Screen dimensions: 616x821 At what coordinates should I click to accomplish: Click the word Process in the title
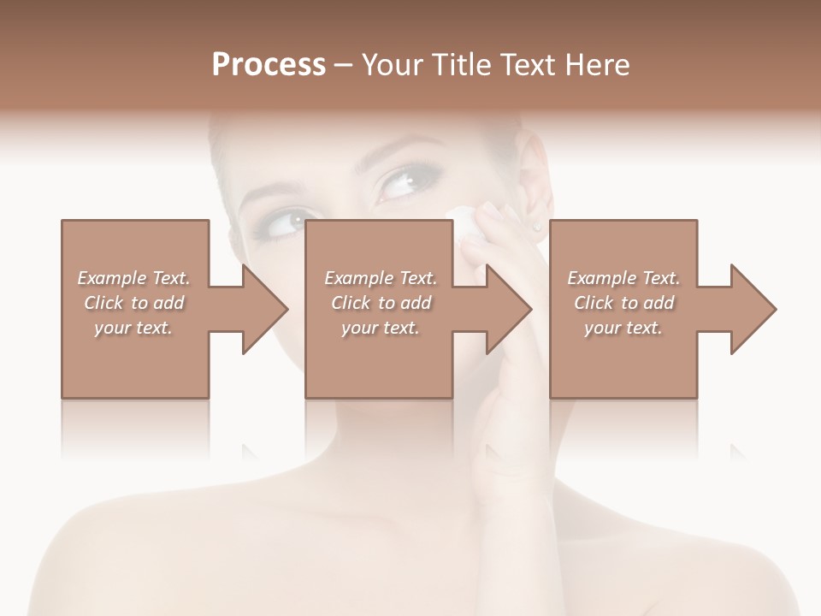click(x=269, y=65)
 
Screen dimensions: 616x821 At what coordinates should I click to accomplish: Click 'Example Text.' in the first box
click(x=133, y=278)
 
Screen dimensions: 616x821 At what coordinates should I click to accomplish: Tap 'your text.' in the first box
click(x=133, y=328)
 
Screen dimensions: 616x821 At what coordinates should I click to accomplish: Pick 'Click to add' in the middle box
click(x=381, y=303)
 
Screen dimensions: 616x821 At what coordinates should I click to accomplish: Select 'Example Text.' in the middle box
click(x=381, y=278)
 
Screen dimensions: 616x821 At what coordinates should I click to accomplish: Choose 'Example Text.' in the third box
click(x=623, y=278)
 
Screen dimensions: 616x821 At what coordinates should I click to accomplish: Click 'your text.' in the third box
click(x=623, y=328)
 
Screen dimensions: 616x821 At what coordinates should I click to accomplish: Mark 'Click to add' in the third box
click(x=623, y=303)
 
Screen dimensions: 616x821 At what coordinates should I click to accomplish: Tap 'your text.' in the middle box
click(x=381, y=328)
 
